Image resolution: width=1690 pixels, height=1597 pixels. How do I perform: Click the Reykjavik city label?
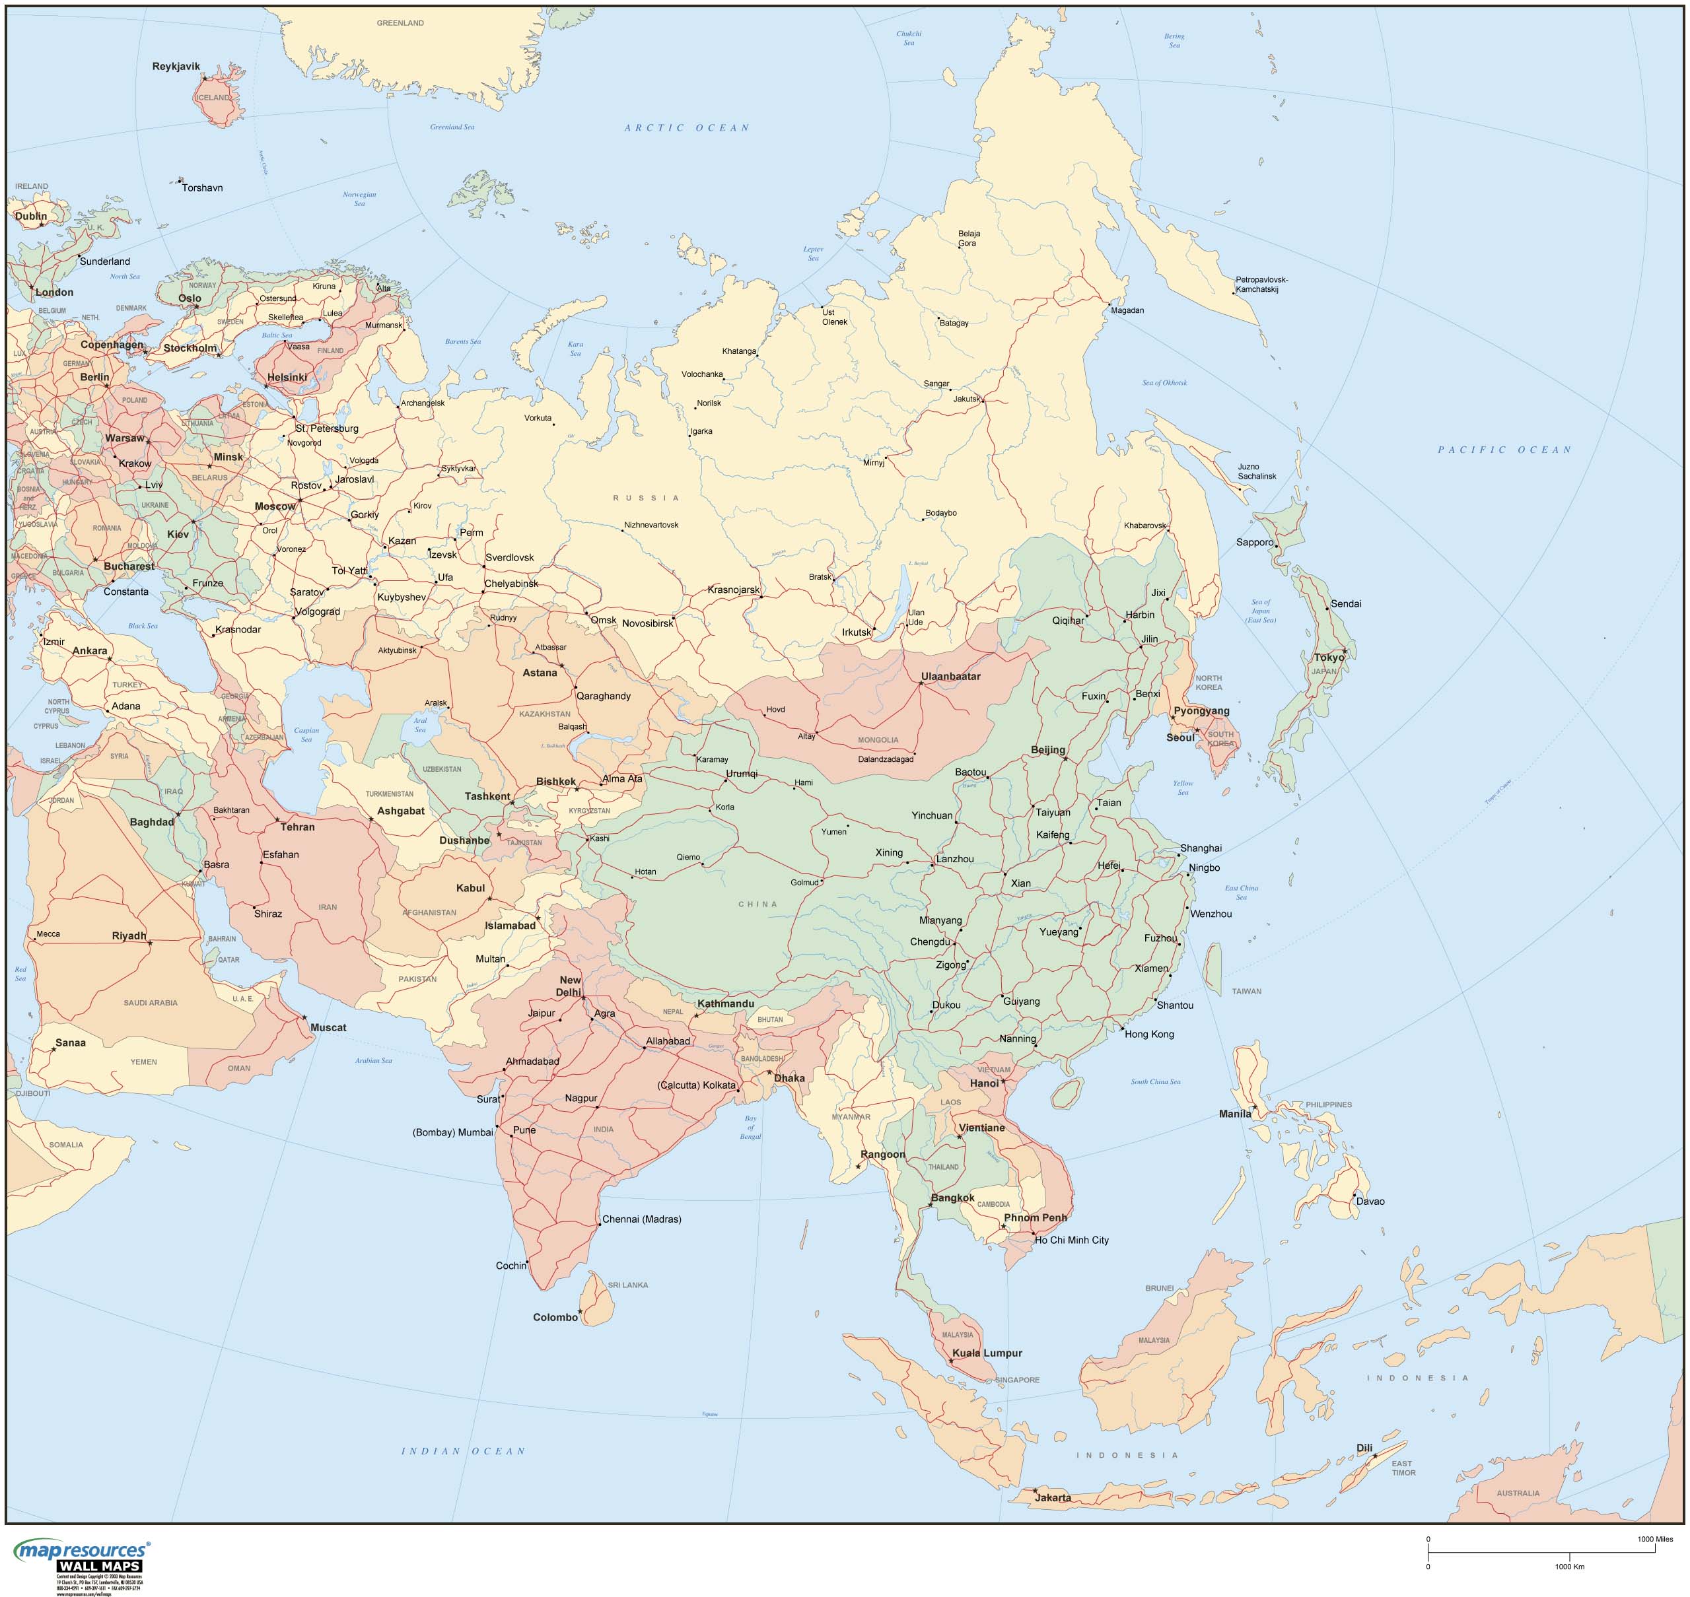click(x=176, y=67)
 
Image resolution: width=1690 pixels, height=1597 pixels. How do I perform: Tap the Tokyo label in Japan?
click(x=1329, y=657)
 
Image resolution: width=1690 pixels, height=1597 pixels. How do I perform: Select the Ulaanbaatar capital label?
click(x=950, y=677)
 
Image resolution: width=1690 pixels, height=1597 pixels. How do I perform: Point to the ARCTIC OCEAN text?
click(x=686, y=127)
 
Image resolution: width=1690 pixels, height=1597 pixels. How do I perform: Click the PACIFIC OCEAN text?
click(x=1504, y=450)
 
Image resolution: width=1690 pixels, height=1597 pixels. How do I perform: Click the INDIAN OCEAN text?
click(x=463, y=1450)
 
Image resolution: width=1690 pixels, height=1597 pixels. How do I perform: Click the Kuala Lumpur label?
click(x=987, y=1353)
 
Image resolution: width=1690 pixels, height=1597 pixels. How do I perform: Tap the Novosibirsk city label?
click(x=647, y=623)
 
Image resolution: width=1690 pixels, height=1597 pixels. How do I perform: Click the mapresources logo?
click(x=81, y=1551)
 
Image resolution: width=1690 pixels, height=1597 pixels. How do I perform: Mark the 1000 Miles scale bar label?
click(x=1654, y=1538)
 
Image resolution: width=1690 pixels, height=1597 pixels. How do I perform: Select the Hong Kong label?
click(x=1148, y=1035)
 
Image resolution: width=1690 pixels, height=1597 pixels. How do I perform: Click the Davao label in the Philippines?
click(x=1370, y=1201)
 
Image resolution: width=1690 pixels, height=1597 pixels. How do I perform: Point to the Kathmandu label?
click(x=725, y=1003)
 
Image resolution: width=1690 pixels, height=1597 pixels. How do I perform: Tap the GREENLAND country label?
click(x=400, y=23)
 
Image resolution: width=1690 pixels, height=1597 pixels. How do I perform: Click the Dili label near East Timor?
click(x=1364, y=1447)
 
